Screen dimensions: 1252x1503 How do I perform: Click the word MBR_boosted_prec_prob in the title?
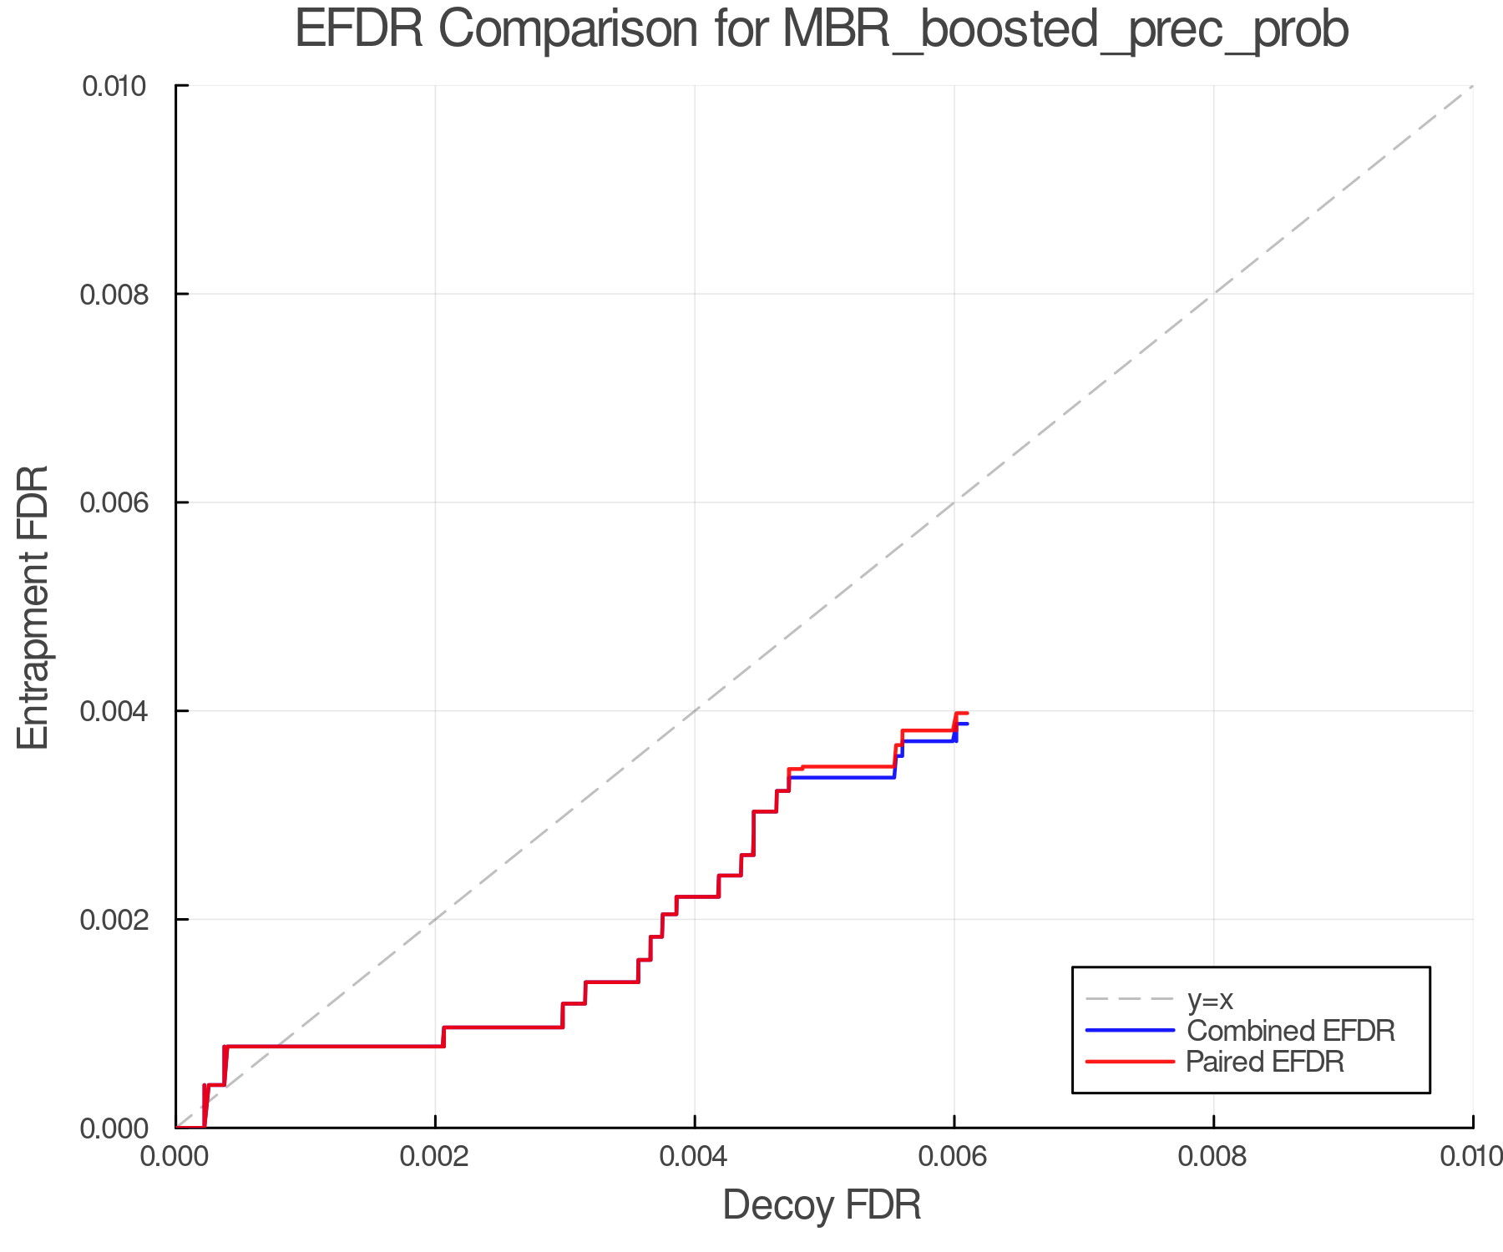tap(1065, 30)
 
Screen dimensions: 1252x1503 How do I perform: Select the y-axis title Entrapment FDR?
tap(33, 607)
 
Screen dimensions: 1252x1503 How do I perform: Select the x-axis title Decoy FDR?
tap(822, 1205)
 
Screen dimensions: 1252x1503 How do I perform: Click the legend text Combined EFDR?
tap(1291, 1031)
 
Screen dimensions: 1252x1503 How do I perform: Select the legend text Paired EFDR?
tap(1266, 1062)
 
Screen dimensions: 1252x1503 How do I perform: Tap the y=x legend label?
tap(1210, 999)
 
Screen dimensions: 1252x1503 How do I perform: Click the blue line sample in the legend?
tap(1130, 1031)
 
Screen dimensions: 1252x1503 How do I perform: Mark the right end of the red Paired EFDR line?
tap(967, 713)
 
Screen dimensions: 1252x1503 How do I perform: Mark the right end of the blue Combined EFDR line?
tap(967, 724)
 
